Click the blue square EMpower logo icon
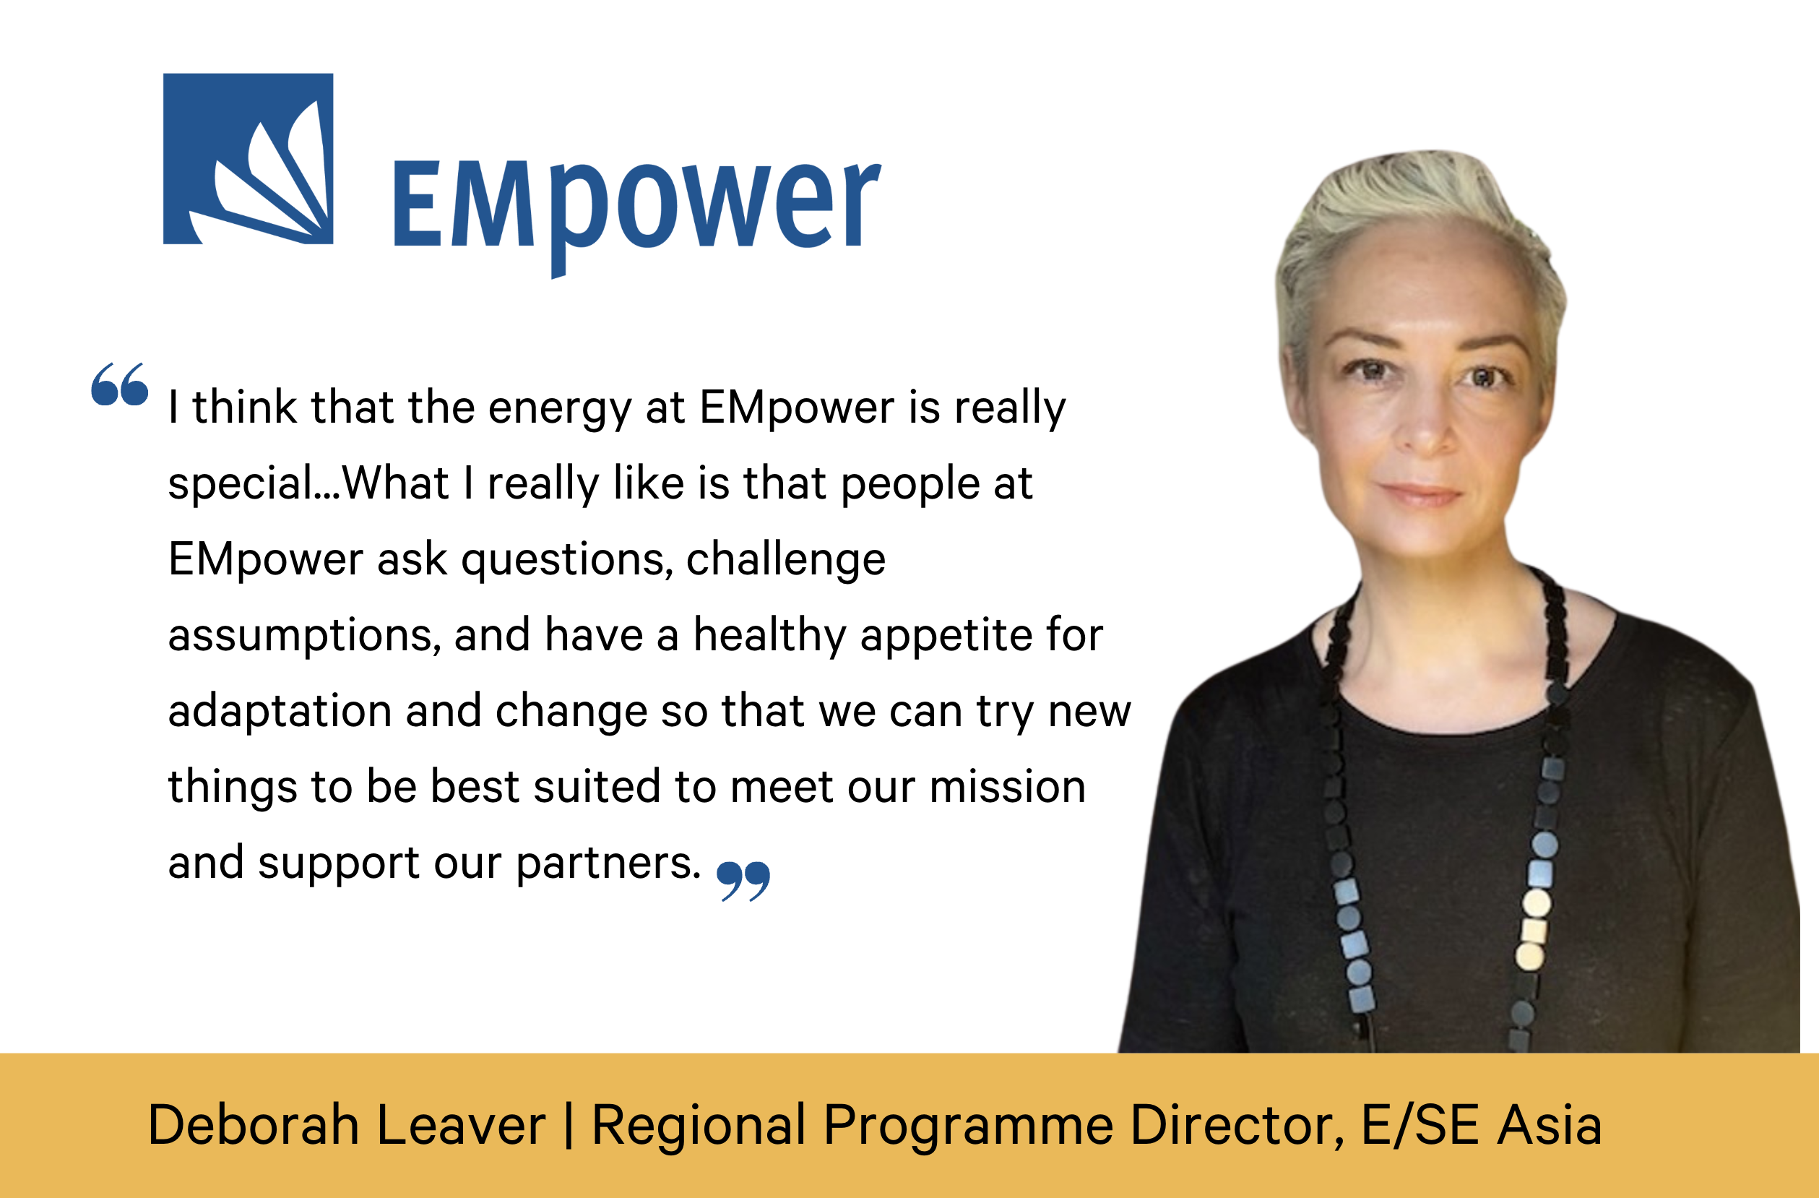pos(249,159)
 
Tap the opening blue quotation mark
pos(119,384)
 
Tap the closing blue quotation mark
pos(743,882)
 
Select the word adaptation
pos(279,712)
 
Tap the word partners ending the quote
pos(608,865)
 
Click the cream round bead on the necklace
pos(1537,904)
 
